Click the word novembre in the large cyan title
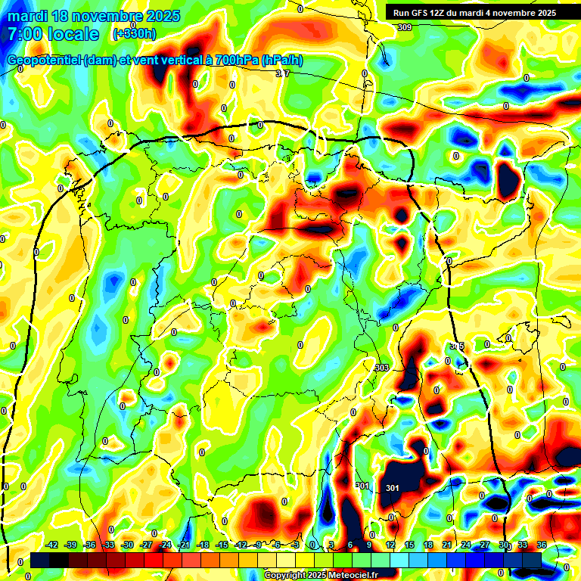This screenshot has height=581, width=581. (x=105, y=16)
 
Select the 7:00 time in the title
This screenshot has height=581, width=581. (x=26, y=34)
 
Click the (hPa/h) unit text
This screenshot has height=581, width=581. (x=281, y=61)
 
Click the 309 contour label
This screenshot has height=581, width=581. (x=405, y=27)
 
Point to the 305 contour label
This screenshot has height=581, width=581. (x=456, y=346)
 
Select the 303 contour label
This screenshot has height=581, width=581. (x=381, y=368)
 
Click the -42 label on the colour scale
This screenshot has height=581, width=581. (x=53, y=545)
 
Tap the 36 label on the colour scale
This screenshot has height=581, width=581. (x=542, y=545)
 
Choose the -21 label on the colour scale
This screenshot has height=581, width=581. (x=184, y=545)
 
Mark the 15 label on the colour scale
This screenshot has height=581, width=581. (x=409, y=545)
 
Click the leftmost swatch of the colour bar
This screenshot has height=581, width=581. (x=40, y=561)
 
